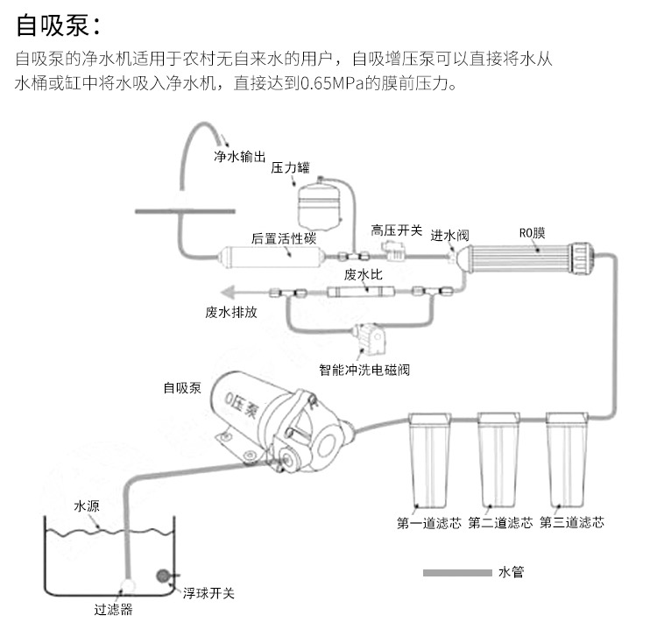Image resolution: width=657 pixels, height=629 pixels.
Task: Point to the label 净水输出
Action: (239, 158)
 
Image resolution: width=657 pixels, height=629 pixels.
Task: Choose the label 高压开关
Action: (396, 230)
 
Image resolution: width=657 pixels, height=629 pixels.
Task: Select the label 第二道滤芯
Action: (500, 523)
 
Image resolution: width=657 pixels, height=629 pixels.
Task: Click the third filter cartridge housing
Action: (568, 461)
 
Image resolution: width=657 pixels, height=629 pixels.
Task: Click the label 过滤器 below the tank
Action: (115, 610)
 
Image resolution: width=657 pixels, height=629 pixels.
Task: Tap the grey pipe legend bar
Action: (456, 573)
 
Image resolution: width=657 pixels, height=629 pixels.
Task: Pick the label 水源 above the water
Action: (87, 506)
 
